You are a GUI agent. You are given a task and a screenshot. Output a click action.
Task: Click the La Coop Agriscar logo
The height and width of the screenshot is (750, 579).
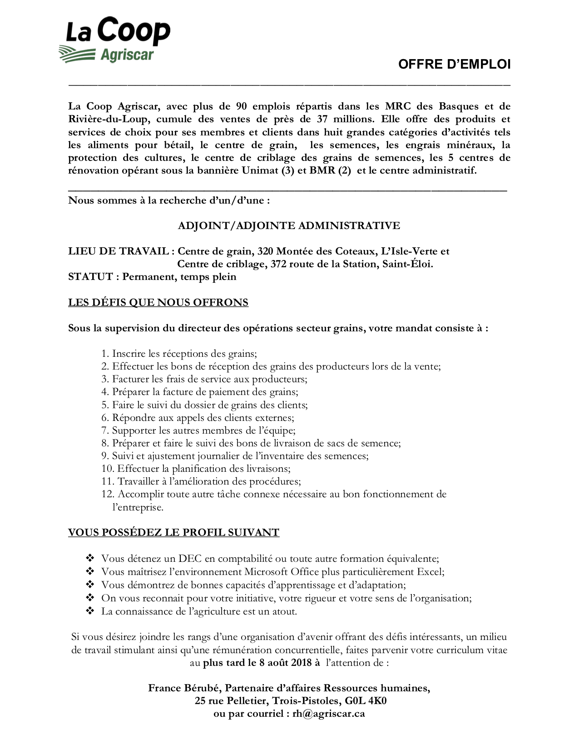[x=114, y=40]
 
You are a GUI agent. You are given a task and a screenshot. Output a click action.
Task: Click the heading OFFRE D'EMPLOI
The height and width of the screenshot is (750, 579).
[x=454, y=65]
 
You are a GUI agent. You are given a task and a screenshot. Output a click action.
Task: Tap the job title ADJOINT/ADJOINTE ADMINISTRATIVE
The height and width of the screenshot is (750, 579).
[x=289, y=225]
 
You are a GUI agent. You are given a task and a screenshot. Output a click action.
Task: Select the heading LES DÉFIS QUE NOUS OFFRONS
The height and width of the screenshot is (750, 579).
[x=158, y=303]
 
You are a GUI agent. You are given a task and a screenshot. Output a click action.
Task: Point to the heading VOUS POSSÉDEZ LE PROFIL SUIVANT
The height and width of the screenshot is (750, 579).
[x=173, y=532]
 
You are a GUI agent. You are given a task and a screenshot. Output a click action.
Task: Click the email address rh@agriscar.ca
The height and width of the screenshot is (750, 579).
[x=328, y=714]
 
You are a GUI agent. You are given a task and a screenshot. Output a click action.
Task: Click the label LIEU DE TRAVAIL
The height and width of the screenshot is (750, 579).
[x=119, y=251]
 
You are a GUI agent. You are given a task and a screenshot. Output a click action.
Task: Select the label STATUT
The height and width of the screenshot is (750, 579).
[x=90, y=277]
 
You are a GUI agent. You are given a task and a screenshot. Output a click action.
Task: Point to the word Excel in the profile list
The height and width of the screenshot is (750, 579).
[x=429, y=572]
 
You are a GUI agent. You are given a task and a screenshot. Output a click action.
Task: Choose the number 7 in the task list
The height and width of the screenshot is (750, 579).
[x=104, y=430]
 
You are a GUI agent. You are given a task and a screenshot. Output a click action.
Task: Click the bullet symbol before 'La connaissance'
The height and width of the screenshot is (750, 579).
[x=89, y=611]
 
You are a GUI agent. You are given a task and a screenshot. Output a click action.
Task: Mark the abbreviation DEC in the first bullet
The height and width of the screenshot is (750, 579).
[x=190, y=559]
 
